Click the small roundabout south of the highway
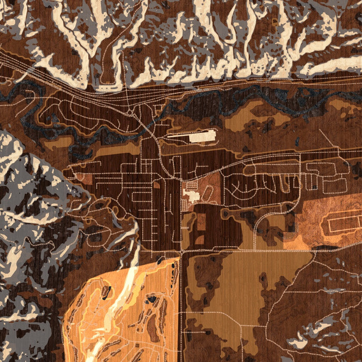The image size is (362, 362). coord(129,112)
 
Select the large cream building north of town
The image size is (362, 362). coord(202,137)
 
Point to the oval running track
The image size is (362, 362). coord(207,193)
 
